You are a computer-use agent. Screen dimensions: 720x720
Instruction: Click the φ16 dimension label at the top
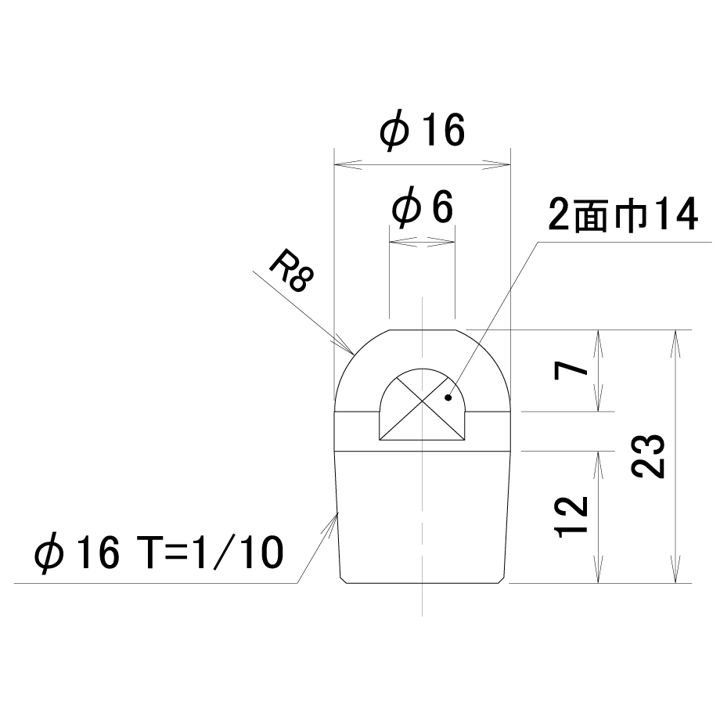click(422, 131)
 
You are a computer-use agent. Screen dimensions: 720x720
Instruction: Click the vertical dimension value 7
click(571, 370)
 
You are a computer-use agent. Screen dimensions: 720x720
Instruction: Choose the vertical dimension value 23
click(648, 456)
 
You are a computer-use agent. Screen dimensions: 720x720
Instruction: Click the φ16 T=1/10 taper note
click(159, 553)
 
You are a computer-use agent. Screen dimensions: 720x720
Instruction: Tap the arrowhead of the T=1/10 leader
click(337, 512)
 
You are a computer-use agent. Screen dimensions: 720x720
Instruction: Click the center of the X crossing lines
click(422, 403)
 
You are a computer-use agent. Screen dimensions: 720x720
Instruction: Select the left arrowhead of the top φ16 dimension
click(335, 164)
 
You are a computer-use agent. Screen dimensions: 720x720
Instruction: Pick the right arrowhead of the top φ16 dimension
click(510, 164)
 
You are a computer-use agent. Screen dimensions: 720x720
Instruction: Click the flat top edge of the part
click(423, 329)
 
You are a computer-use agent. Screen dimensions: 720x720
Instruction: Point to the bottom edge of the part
click(422, 583)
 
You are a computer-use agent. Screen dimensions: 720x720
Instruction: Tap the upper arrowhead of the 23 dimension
click(675, 330)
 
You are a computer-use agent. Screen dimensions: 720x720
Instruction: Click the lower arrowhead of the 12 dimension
click(598, 583)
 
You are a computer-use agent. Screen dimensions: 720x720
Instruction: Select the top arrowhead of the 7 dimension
click(598, 330)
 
